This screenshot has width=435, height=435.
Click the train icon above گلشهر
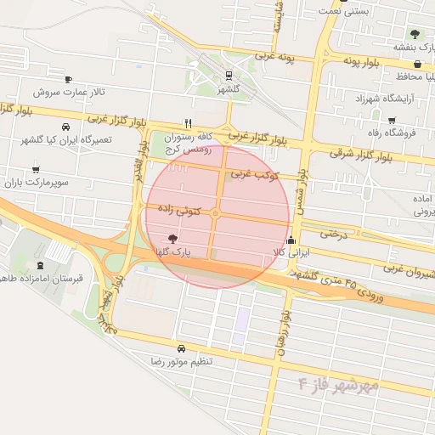(x=229, y=75)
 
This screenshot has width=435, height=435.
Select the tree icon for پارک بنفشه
(x=415, y=34)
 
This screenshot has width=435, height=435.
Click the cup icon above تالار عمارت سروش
(x=69, y=78)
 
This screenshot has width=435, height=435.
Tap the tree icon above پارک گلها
(x=173, y=239)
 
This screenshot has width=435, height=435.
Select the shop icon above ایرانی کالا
(x=291, y=239)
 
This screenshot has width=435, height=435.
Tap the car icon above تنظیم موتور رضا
(x=181, y=348)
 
